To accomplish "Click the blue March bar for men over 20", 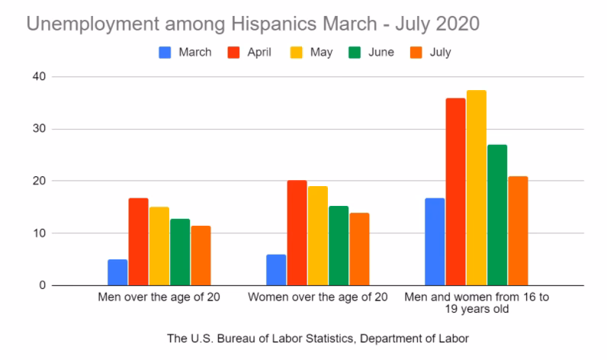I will pos(117,272).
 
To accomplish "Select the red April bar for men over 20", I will pos(138,242).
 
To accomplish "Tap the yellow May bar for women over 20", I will pos(318,236).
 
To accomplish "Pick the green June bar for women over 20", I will pos(339,246).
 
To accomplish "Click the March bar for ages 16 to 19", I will pos(435,242).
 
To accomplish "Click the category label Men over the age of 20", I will pos(159,297).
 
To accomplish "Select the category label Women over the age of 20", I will pos(318,297).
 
